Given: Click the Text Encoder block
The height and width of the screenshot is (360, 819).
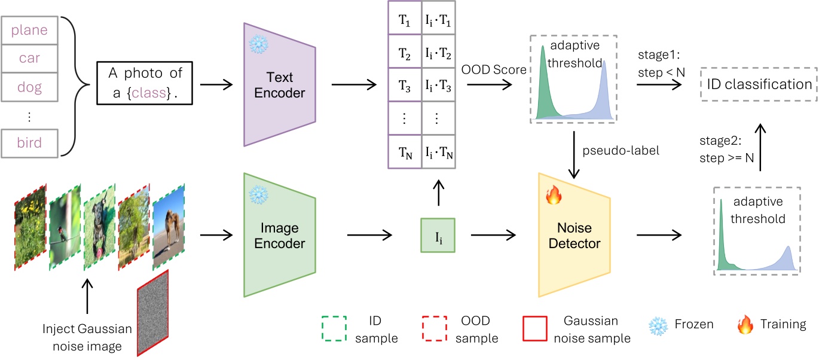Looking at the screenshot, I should pyautogui.click(x=279, y=85).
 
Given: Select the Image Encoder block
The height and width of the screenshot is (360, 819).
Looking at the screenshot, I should pyautogui.click(x=279, y=236).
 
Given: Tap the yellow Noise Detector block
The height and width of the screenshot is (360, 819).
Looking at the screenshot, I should pyautogui.click(x=574, y=236).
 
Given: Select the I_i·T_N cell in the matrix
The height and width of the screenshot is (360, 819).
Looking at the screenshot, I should pyautogui.click(x=439, y=154).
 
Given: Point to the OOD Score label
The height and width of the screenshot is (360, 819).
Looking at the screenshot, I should pyautogui.click(x=493, y=69).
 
